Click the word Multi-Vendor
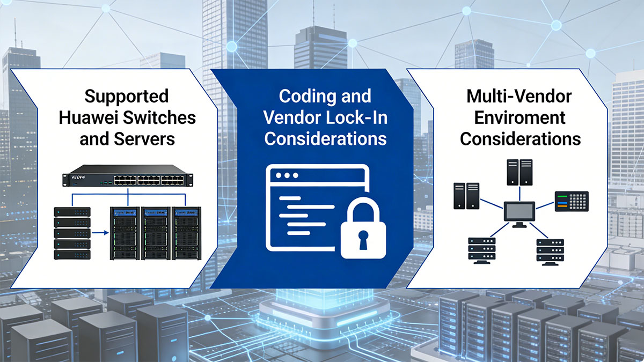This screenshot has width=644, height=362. coord(519,96)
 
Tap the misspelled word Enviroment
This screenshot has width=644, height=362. coord(520,117)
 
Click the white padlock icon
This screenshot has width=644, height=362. coord(363,228)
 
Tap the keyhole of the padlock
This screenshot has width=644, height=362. coord(363,239)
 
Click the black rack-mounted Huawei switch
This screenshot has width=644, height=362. coord(128,175)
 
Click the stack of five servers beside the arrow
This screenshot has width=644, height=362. coord(72,233)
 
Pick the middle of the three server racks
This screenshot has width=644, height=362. coord(156,233)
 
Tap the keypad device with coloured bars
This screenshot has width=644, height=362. coord(572,202)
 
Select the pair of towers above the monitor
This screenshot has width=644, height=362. coord(519,172)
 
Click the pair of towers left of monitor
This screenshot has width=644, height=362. coord(466,196)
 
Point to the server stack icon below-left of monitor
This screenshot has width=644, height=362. coord(481,250)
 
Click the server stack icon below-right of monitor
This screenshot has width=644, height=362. coord(550,252)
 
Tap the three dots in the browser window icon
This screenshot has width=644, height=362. coord(287,175)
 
